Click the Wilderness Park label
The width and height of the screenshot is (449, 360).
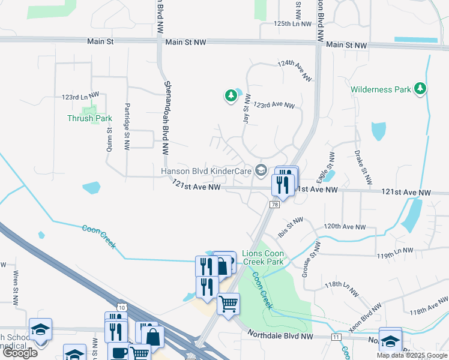click(x=381, y=89)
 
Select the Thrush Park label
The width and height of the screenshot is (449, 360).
click(x=89, y=118)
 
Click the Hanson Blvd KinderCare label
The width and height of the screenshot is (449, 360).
click(x=206, y=171)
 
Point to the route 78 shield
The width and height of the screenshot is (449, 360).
click(x=274, y=205)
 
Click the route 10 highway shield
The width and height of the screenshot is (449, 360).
click(x=122, y=307)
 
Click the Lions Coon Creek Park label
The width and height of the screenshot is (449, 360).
click(x=263, y=257)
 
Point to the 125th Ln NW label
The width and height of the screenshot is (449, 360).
click(x=293, y=24)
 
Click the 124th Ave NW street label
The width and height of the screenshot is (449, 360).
click(x=295, y=70)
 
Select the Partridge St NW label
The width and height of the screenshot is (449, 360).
click(x=127, y=125)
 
